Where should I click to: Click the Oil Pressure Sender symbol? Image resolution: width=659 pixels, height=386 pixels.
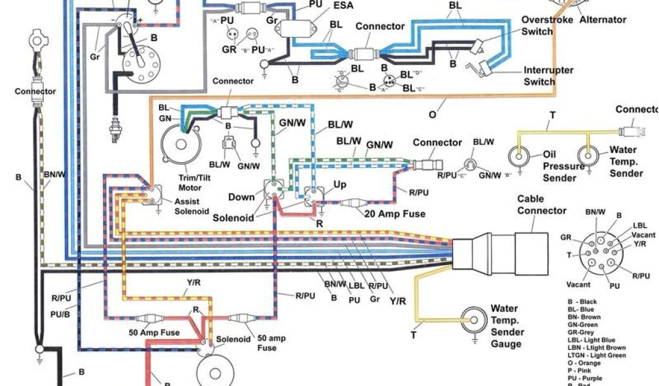(x=517, y=156)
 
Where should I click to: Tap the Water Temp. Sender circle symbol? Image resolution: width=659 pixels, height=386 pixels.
(x=587, y=156)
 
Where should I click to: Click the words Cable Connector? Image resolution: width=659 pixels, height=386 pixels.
(x=542, y=205)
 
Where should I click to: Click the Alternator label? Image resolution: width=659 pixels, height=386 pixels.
(x=602, y=19)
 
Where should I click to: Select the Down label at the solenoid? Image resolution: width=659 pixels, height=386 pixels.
(x=241, y=196)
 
